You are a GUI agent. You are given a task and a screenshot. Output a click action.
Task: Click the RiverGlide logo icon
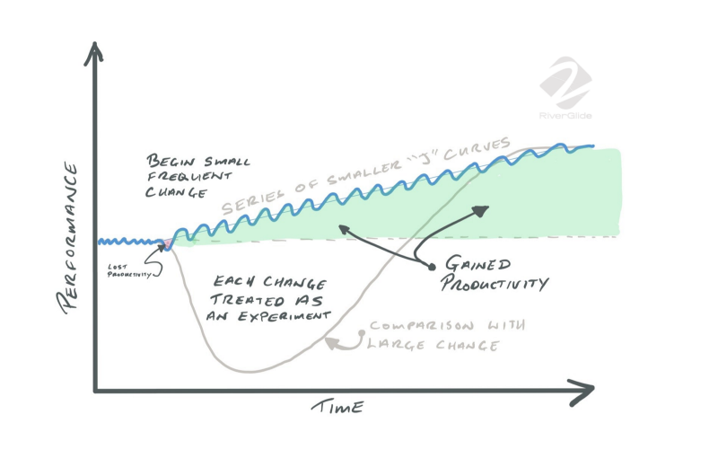coord(565,84)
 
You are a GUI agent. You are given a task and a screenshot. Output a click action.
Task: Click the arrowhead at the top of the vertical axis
coord(94,53)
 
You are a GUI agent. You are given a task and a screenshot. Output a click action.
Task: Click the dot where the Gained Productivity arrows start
coord(431,267)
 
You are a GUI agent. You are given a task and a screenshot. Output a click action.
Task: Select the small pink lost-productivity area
coord(165,244)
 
